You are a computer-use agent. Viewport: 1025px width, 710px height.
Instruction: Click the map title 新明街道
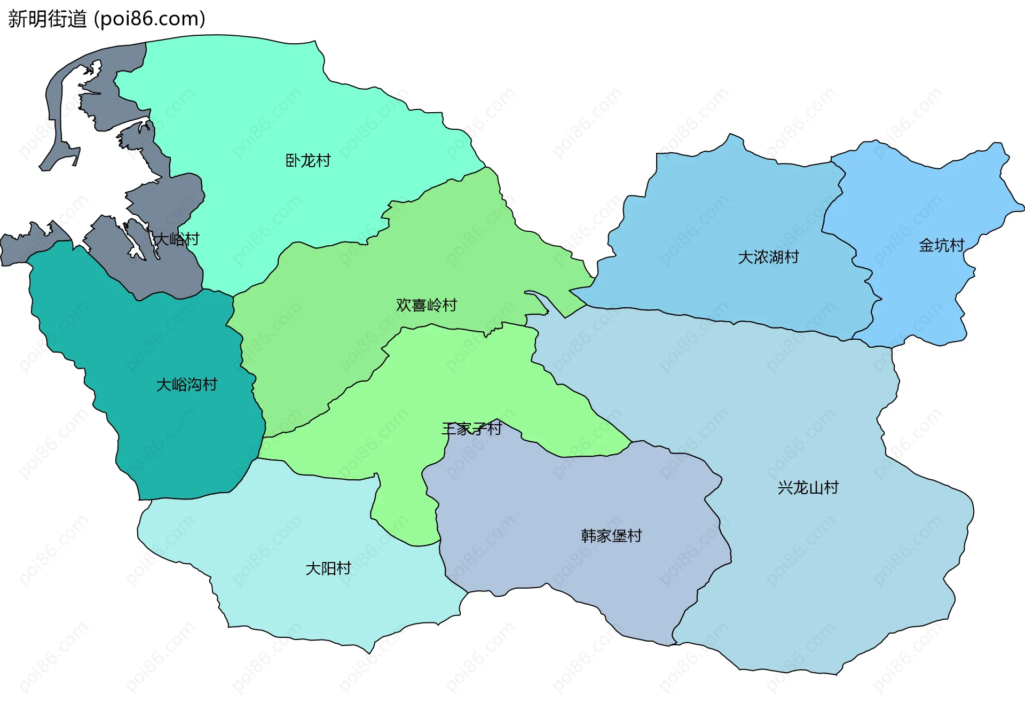47,19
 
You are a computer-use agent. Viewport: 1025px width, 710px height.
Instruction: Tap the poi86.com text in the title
149,19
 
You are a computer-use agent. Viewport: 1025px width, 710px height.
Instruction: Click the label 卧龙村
308,161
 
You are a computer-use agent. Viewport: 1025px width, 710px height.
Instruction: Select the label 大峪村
177,239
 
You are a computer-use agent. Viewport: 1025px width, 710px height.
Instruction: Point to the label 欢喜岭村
427,305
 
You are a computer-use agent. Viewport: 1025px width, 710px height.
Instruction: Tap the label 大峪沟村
187,385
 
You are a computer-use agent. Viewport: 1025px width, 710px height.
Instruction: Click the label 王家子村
472,428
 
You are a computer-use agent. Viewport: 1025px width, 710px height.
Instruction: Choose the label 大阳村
328,568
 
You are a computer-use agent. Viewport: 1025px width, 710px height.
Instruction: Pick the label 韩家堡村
611,536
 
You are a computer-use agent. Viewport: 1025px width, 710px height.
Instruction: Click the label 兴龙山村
808,488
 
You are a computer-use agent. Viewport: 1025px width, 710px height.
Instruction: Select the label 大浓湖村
768,258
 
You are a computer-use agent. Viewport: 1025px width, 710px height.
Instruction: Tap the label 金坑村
941,246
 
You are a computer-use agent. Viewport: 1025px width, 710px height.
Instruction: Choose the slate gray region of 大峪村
171,267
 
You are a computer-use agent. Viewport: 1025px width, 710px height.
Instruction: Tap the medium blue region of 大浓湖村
721,214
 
